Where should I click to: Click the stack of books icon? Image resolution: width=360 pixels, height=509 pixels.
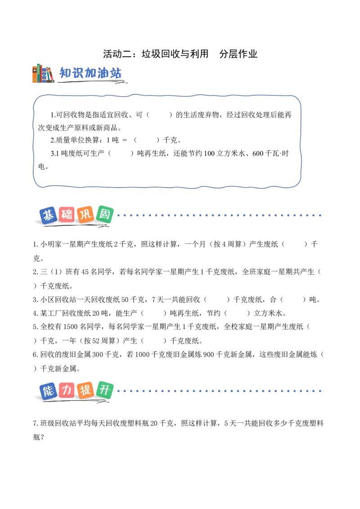[43, 73]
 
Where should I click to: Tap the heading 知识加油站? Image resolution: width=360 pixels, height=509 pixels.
[90, 73]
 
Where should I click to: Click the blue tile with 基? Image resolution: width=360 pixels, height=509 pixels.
[49, 215]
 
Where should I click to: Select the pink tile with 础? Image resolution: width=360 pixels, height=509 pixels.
[67, 214]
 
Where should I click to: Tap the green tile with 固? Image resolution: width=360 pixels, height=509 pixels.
[104, 214]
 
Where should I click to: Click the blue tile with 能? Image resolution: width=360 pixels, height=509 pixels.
[49, 391]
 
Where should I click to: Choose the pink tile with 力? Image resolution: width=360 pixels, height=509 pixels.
[67, 390]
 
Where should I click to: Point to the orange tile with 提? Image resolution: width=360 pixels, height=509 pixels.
[86, 390]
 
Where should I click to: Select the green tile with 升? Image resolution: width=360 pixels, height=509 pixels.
[104, 389]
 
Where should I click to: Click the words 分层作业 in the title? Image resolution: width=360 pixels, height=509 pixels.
[238, 54]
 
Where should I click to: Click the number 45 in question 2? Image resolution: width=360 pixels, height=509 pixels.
[85, 272]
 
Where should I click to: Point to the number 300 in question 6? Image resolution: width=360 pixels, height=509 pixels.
[98, 354]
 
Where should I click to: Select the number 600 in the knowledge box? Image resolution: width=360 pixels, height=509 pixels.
[258, 153]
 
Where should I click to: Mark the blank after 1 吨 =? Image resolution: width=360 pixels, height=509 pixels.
[147, 140]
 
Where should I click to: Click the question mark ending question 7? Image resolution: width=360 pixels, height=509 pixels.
[42, 437]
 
